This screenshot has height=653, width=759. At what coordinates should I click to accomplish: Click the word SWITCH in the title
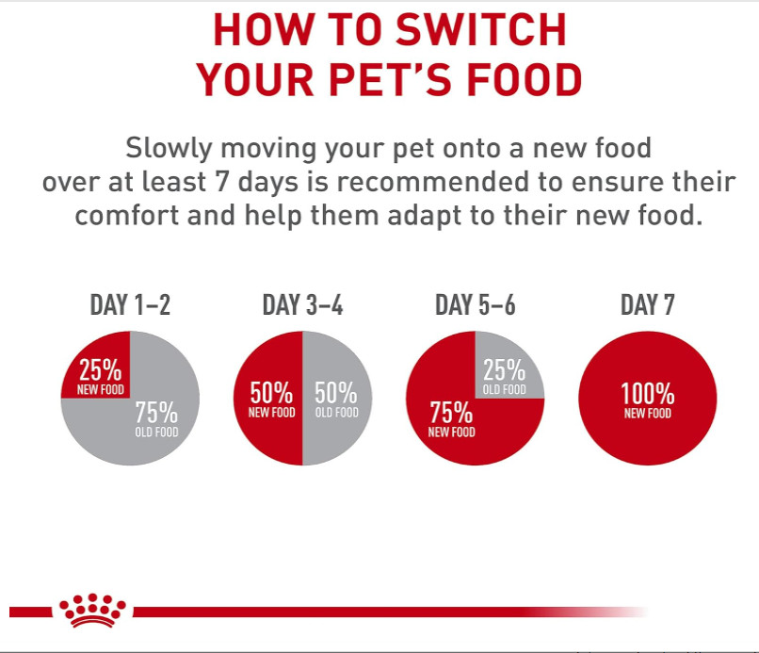point(480,30)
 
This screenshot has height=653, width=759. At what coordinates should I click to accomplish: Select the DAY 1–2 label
point(130,305)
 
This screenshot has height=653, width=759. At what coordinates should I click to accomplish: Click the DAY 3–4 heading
point(302,305)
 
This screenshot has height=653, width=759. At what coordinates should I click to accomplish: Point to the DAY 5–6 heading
point(476,305)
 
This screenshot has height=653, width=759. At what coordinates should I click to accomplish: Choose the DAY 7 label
point(648,305)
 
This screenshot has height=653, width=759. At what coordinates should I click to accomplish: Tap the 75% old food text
point(156,419)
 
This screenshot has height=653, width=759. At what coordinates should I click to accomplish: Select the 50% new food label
point(271,400)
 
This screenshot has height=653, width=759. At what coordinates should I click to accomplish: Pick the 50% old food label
point(336,400)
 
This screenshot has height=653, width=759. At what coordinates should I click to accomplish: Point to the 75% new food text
point(451,419)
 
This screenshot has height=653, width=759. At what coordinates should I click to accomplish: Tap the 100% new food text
point(648,400)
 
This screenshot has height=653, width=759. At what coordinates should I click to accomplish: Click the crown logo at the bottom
point(92,610)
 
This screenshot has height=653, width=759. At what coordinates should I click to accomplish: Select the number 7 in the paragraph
point(221,182)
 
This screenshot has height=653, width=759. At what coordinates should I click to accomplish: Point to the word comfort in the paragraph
point(127,215)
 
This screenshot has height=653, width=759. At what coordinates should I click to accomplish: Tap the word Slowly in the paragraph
point(169,148)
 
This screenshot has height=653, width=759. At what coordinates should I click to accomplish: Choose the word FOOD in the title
point(525,79)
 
